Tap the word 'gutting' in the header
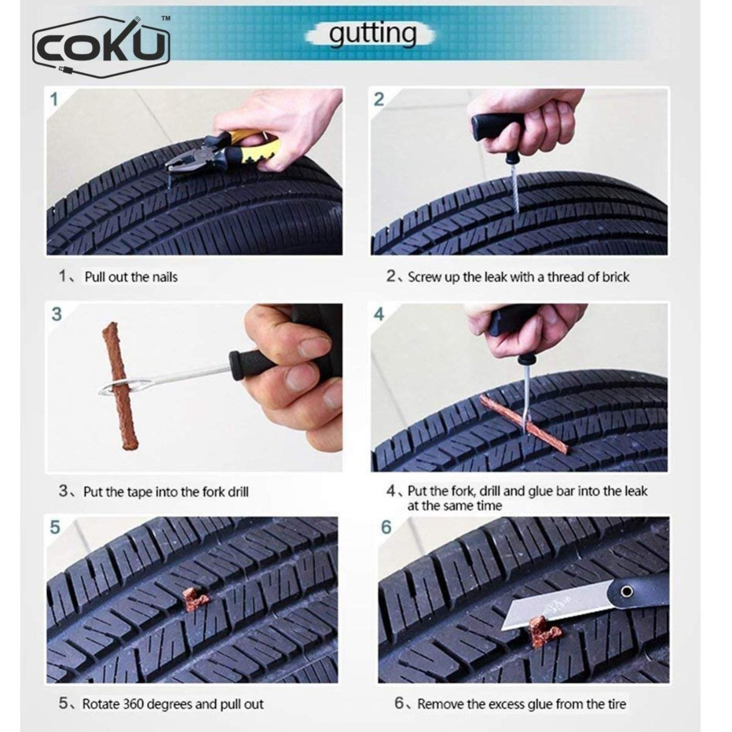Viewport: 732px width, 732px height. [372, 34]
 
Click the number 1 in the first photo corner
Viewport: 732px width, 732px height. [54, 99]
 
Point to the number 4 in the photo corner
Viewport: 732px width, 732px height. [379, 314]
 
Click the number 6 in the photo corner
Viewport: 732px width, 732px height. [386, 527]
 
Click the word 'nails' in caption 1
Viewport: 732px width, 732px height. [165, 277]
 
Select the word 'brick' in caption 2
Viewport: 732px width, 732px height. [615, 277]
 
